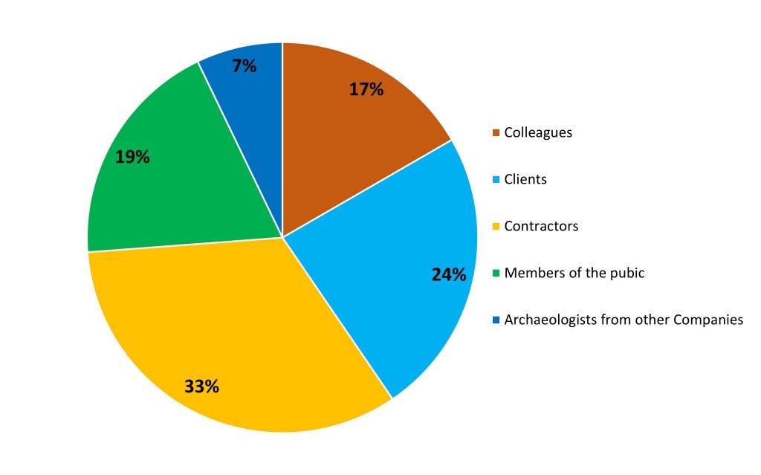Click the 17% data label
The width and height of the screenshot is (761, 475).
pyautogui.click(x=366, y=89)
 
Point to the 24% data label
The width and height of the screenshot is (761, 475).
pyautogui.click(x=449, y=274)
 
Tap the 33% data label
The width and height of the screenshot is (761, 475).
pyautogui.click(x=201, y=387)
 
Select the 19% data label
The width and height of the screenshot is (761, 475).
pyautogui.click(x=132, y=157)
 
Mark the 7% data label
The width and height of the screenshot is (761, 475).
pyautogui.click(x=244, y=65)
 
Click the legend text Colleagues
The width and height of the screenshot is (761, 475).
pyautogui.click(x=538, y=133)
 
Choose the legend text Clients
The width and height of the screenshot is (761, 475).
pyautogui.click(x=525, y=179)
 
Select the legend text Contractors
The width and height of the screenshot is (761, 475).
pyautogui.click(x=541, y=226)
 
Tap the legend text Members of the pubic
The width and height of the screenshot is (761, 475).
pyautogui.click(x=574, y=273)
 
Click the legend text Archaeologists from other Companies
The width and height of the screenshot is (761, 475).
pyautogui.click(x=624, y=320)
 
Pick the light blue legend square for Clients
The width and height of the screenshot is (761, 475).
pyautogui.click(x=496, y=180)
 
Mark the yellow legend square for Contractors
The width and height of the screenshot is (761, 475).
pyautogui.click(x=496, y=227)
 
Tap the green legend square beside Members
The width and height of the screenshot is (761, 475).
pyautogui.click(x=496, y=274)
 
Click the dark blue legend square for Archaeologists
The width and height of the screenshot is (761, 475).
pyautogui.click(x=496, y=320)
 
